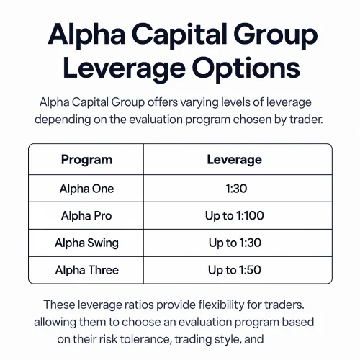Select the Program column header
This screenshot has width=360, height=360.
click(86, 159)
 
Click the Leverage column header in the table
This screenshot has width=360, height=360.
click(234, 159)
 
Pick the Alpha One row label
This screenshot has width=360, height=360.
click(86, 189)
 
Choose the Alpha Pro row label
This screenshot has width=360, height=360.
click(86, 216)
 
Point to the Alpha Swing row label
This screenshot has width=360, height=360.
click(86, 243)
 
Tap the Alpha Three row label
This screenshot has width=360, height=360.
click(86, 270)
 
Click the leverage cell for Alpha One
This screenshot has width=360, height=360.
click(234, 189)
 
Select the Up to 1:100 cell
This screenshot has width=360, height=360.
click(234, 216)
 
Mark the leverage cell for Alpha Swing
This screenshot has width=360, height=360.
click(234, 243)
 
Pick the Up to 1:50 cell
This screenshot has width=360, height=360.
click(234, 270)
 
